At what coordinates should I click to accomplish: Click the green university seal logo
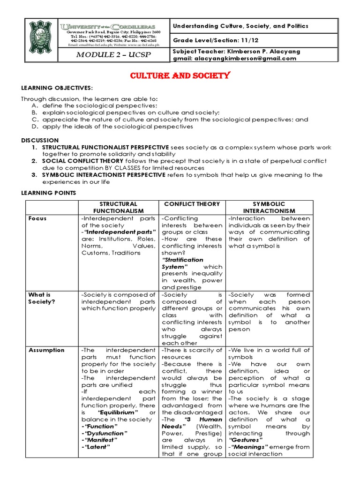[x=40, y=41]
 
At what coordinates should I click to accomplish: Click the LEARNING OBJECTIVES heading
[x=57, y=89]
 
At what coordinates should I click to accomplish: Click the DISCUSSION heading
[x=40, y=140]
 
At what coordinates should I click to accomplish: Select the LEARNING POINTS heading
[x=47, y=193]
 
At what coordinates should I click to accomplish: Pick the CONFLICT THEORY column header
[x=192, y=204]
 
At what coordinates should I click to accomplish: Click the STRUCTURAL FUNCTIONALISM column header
[x=118, y=207]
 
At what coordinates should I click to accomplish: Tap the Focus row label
[x=37, y=218]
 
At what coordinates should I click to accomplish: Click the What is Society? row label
[x=42, y=298]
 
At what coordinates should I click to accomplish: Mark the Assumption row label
[x=46, y=350]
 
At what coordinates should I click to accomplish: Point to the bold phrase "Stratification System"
[x=182, y=263]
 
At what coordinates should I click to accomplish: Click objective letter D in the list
[x=34, y=127]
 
